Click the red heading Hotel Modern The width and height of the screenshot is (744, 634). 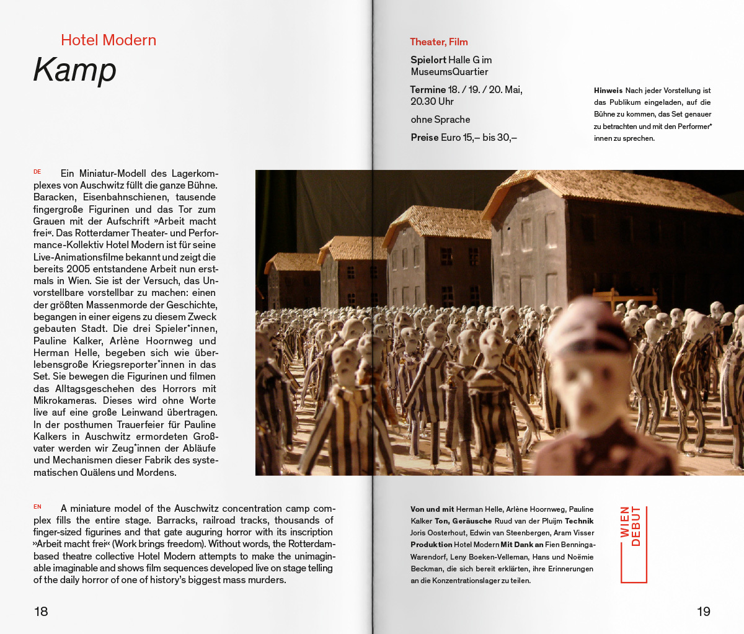click(108, 40)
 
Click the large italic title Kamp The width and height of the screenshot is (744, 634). click(75, 69)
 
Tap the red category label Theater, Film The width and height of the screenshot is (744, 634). click(439, 42)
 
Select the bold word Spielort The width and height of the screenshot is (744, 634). click(428, 60)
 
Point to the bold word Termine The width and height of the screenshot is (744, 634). click(428, 90)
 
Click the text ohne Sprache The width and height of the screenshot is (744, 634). click(440, 120)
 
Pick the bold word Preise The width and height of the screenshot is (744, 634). click(425, 138)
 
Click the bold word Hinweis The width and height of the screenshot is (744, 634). click(608, 91)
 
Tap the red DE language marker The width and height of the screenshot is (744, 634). click(37, 172)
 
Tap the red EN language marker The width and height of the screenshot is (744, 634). click(37, 507)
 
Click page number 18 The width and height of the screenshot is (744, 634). click(41, 612)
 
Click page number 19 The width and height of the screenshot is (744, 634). click(704, 612)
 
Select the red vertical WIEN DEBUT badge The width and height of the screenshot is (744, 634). click(632, 545)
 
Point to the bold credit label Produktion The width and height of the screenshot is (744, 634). click(431, 545)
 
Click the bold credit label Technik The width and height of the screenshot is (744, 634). click(579, 521)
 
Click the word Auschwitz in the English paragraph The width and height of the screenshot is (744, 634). click(197, 509)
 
